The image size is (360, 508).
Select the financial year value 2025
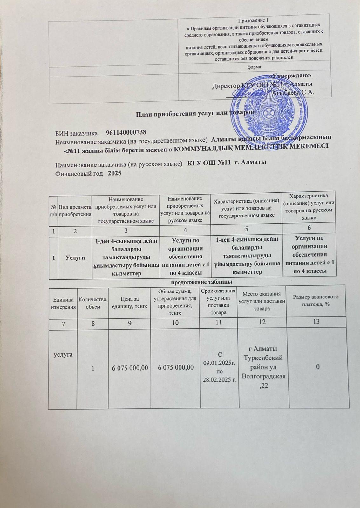tap(115, 174)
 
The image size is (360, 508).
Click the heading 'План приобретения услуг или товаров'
tap(194, 113)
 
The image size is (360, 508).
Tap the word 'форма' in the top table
tap(254, 67)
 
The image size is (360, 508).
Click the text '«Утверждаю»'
tap(292, 76)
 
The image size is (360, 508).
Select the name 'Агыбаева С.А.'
tap(293, 93)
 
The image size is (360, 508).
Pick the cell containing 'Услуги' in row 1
tap(75, 257)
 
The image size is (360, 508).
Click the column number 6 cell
tap(309, 228)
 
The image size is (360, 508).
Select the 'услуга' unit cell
tap(63, 354)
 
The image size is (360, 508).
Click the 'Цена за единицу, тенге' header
tap(129, 303)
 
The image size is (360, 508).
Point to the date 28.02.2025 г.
tap(219, 381)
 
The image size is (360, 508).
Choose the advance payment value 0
tap(317, 367)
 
